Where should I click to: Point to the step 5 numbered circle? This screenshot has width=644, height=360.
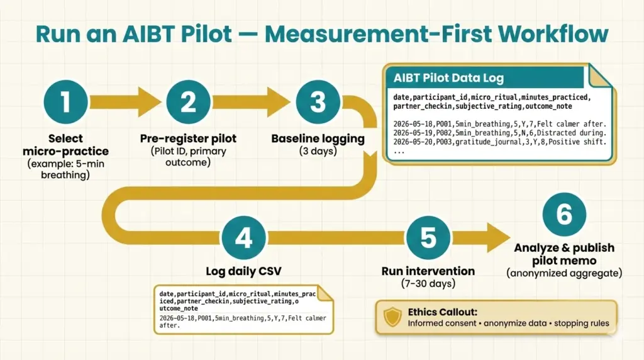pos(428,238)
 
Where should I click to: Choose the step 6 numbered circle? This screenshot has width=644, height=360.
pos(564,214)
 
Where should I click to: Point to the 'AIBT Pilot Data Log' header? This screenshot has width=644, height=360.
pos(448,79)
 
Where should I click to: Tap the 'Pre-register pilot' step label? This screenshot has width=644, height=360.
pos(188,138)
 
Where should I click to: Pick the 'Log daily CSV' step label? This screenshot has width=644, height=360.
pos(243,271)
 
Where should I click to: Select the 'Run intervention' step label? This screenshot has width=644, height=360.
pos(428,271)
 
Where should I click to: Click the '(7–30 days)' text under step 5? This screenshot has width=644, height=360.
pos(428,284)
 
